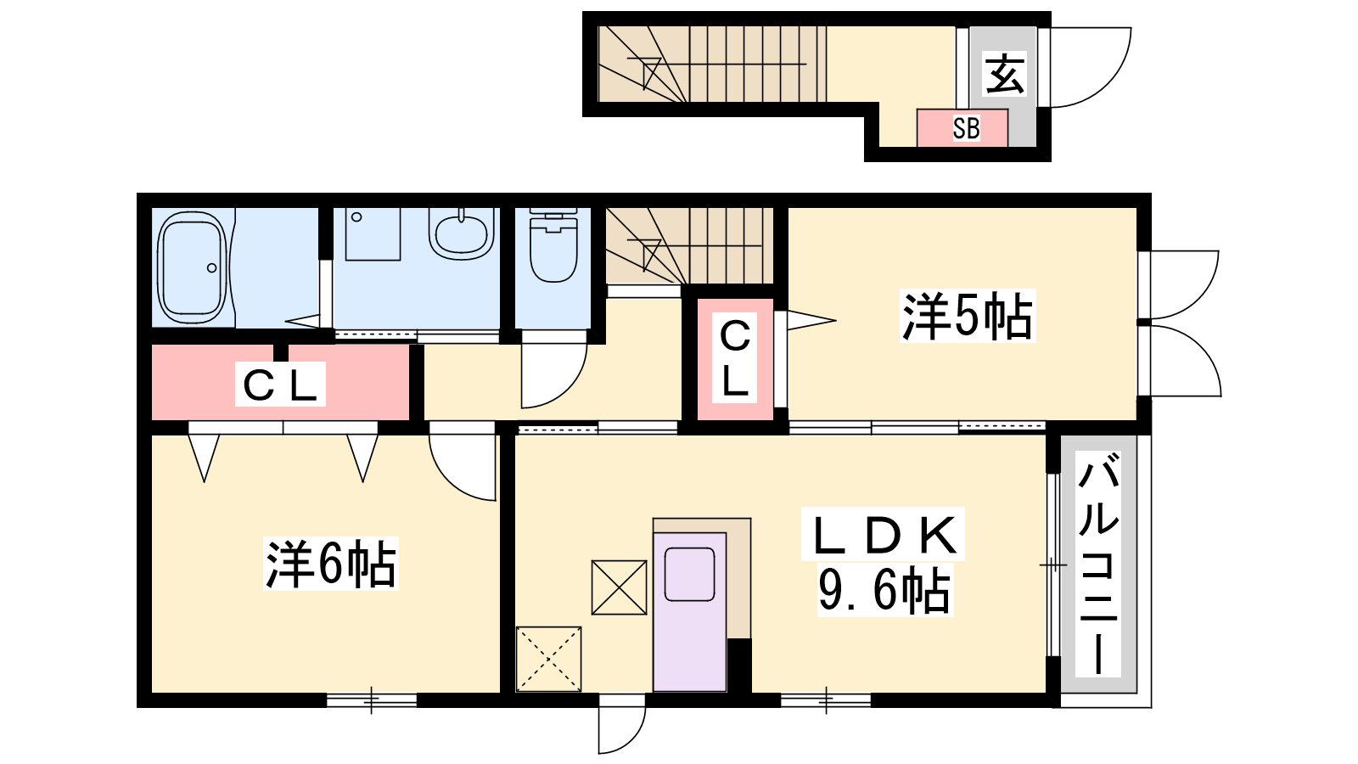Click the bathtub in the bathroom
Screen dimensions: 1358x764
193,267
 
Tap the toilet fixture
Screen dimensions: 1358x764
553,245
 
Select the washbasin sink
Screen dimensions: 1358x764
462,233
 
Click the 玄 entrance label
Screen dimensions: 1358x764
1005,74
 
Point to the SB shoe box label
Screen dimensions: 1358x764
966,128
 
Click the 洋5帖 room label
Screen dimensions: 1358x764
967,316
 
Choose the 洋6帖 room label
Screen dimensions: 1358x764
331,564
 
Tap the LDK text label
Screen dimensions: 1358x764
883,534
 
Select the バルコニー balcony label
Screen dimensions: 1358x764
1098,568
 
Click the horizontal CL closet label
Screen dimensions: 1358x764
280,385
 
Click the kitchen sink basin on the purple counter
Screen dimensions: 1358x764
689,574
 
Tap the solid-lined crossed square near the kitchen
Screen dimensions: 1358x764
619,587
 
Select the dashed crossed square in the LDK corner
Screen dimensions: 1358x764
548,659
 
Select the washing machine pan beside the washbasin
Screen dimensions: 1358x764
373,234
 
